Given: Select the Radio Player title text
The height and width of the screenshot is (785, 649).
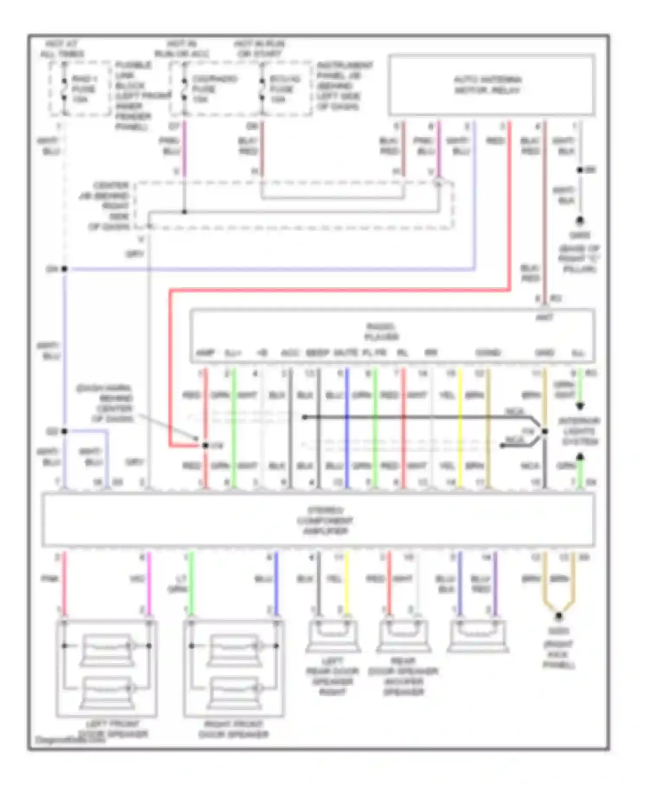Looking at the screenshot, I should [x=381, y=331].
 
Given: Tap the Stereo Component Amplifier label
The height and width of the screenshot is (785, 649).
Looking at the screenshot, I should [x=325, y=520].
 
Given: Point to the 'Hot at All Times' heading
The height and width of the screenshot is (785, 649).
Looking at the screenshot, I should [x=62, y=49].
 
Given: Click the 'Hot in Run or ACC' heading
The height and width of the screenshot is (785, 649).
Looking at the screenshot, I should [x=182, y=49].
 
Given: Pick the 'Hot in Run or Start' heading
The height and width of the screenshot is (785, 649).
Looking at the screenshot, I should [x=259, y=49].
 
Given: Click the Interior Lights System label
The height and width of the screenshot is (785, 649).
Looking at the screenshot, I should [x=579, y=431].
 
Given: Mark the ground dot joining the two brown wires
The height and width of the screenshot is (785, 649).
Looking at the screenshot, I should [x=559, y=615].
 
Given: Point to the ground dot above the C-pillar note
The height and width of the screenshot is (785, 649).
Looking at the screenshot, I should [x=579, y=221].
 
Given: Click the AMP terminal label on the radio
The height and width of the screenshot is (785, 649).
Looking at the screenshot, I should [x=205, y=353].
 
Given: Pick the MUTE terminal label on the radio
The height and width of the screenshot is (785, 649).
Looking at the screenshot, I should [x=346, y=353].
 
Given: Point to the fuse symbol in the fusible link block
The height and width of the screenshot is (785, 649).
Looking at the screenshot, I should [x=64, y=89].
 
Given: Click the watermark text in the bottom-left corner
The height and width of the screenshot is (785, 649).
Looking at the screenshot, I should [x=70, y=740].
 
